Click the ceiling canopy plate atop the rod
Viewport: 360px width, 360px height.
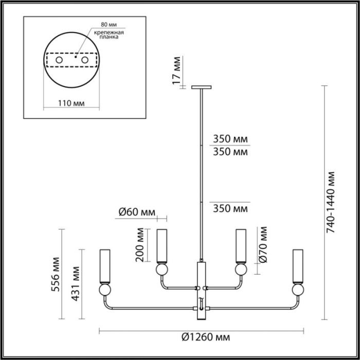201,87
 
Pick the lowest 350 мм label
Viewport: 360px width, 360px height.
230,209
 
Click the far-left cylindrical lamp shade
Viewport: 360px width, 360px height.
105,266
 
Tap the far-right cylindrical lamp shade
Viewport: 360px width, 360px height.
297,266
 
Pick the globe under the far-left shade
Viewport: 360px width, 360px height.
105,291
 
